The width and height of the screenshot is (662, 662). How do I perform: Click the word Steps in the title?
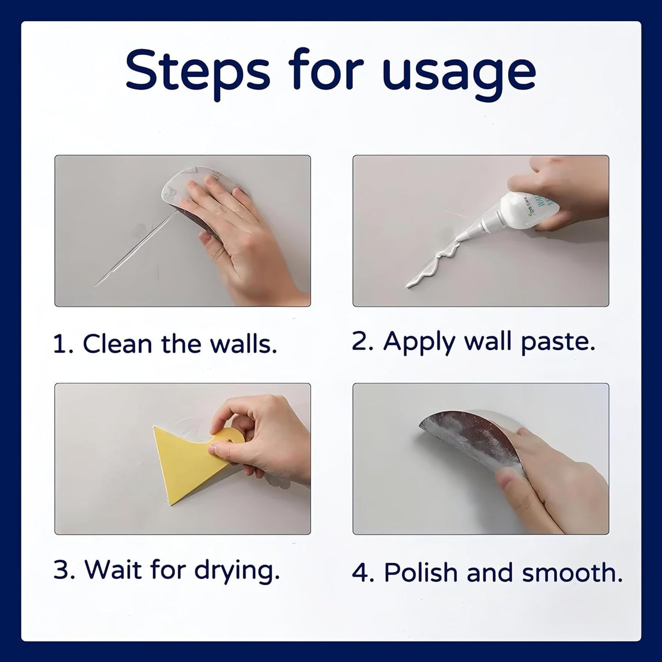[x=198, y=72]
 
